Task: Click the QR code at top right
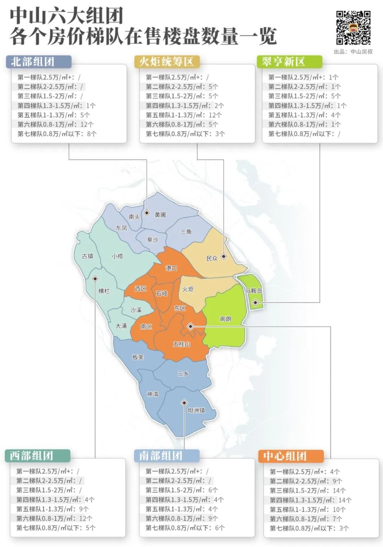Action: (x=353, y=27)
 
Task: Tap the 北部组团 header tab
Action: (x=38, y=62)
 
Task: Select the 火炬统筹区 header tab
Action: (x=166, y=62)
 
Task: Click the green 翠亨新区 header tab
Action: (x=289, y=62)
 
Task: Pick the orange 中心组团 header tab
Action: (x=290, y=456)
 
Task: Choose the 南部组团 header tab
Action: (x=166, y=456)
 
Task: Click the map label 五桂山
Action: (x=182, y=344)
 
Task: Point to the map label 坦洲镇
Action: (x=196, y=410)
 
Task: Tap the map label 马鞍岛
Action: (x=254, y=291)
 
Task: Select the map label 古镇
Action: (x=87, y=256)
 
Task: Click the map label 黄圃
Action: (x=160, y=215)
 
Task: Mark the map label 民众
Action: (x=212, y=258)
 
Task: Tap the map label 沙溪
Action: (x=136, y=310)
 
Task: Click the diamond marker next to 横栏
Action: (x=95, y=279)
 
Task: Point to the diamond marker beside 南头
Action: (x=146, y=213)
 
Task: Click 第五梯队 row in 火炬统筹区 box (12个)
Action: (x=183, y=115)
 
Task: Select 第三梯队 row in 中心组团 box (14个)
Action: (x=308, y=490)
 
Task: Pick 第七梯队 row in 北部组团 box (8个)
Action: (x=57, y=134)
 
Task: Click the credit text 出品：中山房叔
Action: (x=353, y=52)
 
